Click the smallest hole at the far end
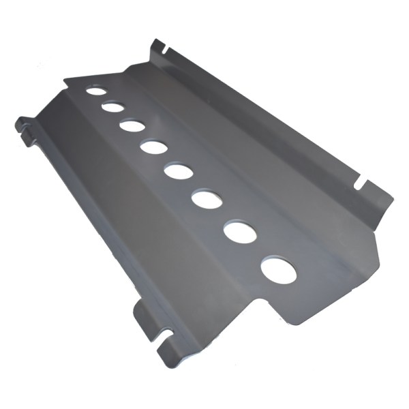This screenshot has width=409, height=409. pyautogui.click(x=96, y=90)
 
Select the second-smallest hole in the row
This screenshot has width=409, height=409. pyautogui.click(x=113, y=107)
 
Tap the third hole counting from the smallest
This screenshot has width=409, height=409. pyautogui.click(x=132, y=125)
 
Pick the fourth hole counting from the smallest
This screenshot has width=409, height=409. pyautogui.click(x=155, y=146)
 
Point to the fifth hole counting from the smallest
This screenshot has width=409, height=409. pyautogui.click(x=179, y=170)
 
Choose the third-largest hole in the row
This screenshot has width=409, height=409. pyautogui.click(x=207, y=199)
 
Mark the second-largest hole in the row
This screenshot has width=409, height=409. pyautogui.click(x=240, y=232)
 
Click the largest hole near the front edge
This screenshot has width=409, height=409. pyautogui.click(x=279, y=271)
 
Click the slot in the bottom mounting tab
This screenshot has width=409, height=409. pyautogui.click(x=164, y=335)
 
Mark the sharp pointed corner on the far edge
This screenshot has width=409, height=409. pyautogui.click(x=65, y=80)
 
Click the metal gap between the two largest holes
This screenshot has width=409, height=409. pyautogui.click(x=260, y=252)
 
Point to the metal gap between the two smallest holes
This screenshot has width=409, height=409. pyautogui.click(x=104, y=99)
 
